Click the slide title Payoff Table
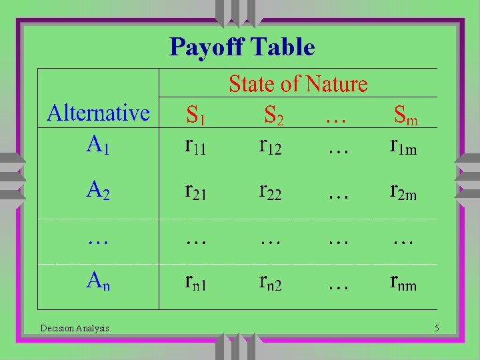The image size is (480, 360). pos(242,47)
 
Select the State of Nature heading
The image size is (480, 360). pos(298,84)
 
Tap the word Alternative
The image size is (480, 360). pos(98,113)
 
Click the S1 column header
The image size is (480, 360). pos(195,116)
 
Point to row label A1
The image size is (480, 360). pos(98,145)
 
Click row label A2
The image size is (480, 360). pos(98,191)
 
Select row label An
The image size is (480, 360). pos(98,283)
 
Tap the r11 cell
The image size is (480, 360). pos(195,147)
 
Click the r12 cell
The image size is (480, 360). pos(271,147)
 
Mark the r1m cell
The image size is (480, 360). pos(403,147)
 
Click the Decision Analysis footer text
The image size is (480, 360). pos(75,327)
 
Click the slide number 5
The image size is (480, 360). pos(436,327)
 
